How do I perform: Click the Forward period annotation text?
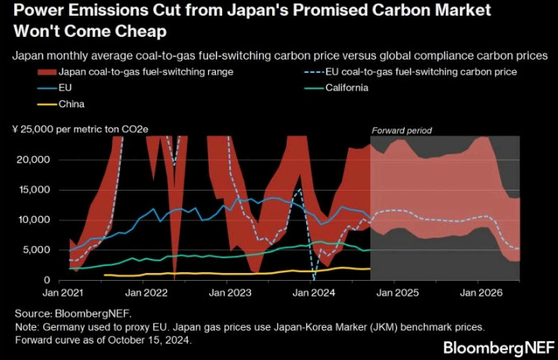pos(402,130)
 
